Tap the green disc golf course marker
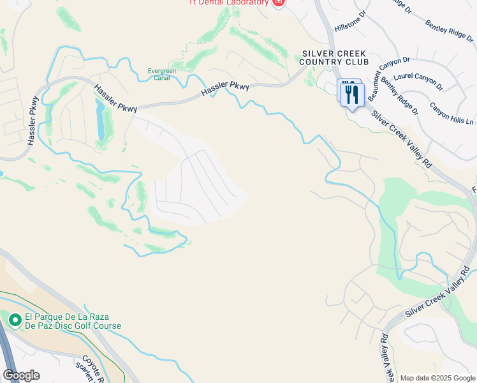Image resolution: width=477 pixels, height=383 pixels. (x=14, y=318)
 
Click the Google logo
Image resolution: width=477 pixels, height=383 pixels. (x=21, y=375)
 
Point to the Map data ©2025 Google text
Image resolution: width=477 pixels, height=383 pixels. (x=437, y=378)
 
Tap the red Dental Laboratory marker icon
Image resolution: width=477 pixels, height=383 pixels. (x=278, y=3)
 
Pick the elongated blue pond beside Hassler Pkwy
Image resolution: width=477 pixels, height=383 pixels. (x=100, y=120)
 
